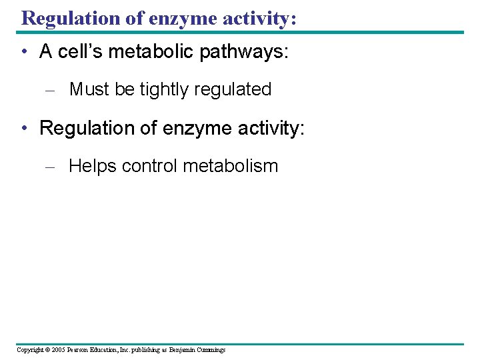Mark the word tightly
click(165, 89)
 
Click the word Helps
click(93, 166)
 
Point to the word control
click(150, 166)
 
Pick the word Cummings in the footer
click(211, 349)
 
